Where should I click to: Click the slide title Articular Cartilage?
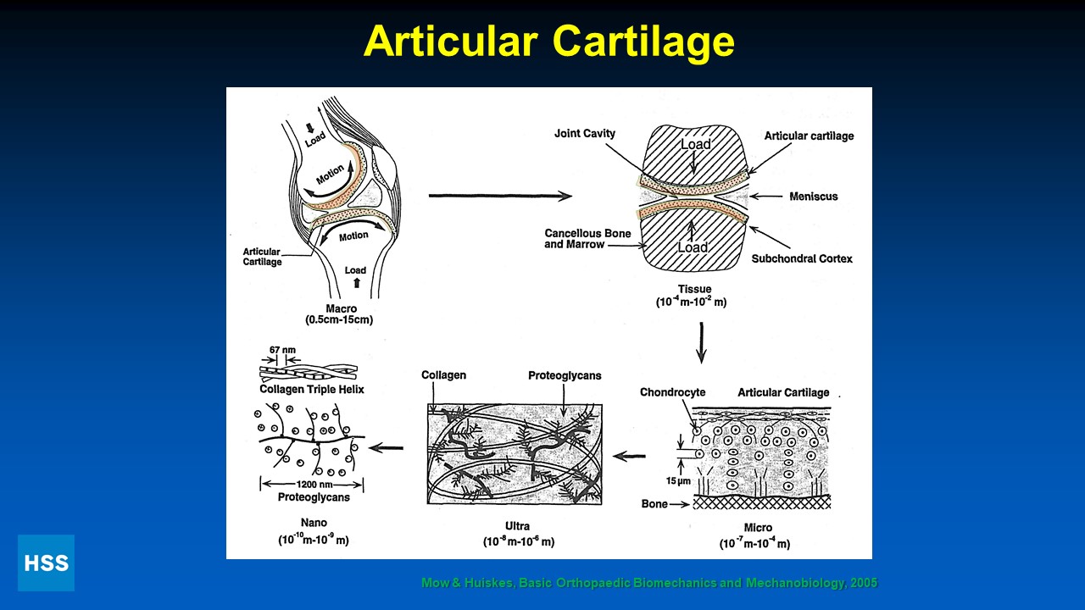click(x=548, y=41)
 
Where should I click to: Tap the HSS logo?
click(x=46, y=563)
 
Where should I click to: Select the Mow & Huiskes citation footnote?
click(x=649, y=583)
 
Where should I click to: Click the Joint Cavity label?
click(x=585, y=133)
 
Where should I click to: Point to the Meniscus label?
click(x=813, y=197)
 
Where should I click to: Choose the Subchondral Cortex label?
click(x=802, y=258)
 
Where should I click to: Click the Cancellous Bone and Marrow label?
click(x=576, y=238)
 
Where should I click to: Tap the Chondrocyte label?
click(x=672, y=392)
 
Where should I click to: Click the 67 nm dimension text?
click(x=281, y=349)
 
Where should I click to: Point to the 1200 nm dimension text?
click(x=311, y=484)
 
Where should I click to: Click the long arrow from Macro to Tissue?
click(x=500, y=197)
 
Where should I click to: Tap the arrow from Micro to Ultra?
click(x=629, y=457)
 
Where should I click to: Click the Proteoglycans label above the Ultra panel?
click(x=565, y=375)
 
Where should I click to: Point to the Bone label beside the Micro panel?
click(x=654, y=504)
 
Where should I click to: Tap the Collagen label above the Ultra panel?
click(x=444, y=375)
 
